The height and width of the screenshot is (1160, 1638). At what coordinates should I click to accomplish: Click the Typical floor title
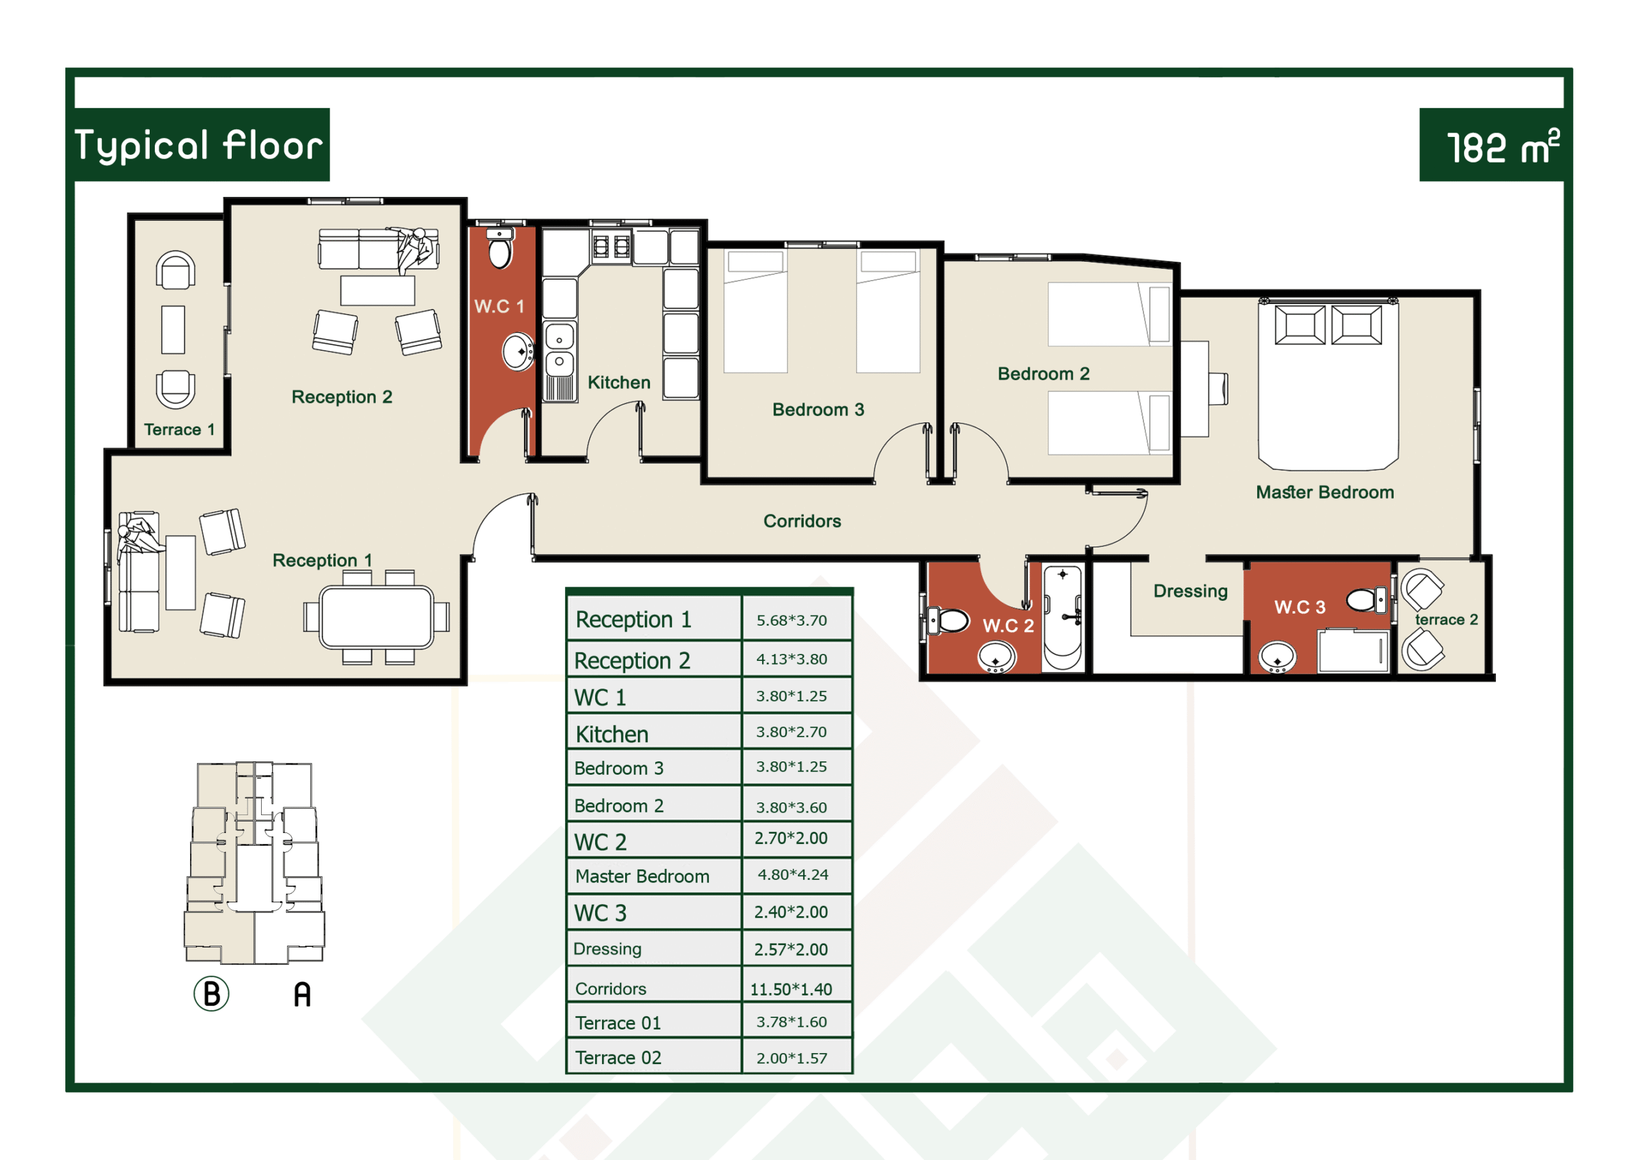198,146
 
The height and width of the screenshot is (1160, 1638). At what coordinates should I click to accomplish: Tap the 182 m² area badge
1502,147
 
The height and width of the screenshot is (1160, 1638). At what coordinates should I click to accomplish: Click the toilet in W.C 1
500,247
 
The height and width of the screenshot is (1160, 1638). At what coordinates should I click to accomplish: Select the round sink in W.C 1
518,351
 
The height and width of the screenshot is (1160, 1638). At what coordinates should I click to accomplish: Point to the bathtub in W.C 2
1062,617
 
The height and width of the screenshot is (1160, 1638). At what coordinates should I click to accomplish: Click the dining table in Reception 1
376,617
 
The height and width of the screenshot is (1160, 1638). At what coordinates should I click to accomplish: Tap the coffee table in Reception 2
377,290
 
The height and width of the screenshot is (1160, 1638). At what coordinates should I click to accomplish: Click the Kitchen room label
619,382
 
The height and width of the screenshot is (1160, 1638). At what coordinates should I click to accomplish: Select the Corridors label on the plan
802,521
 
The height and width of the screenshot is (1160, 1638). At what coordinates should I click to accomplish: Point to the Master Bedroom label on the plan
1324,492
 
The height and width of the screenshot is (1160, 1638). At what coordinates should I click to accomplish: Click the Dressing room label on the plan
1190,591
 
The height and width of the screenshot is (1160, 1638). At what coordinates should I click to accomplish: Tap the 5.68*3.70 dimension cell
791,620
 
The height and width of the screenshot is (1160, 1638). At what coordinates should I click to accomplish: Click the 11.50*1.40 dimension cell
791,989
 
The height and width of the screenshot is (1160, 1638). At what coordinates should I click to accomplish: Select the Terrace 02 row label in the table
618,1057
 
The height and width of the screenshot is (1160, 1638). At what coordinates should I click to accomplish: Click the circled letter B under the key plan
211,994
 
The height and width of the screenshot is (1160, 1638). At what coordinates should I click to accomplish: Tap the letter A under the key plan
302,994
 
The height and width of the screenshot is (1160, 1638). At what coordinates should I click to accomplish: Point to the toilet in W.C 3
1366,600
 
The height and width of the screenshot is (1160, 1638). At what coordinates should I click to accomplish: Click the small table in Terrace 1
173,330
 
